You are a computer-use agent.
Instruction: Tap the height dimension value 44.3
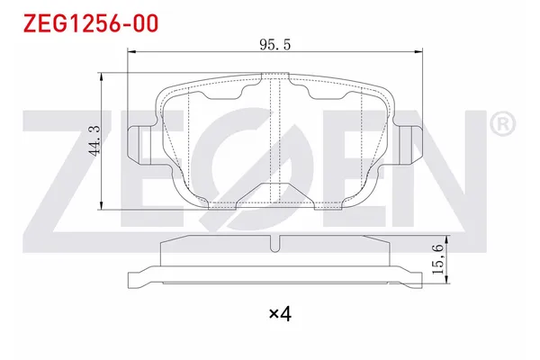[x=93, y=142]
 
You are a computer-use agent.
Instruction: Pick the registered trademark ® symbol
[x=503, y=123]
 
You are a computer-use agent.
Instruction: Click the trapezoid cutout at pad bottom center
[x=274, y=193]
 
